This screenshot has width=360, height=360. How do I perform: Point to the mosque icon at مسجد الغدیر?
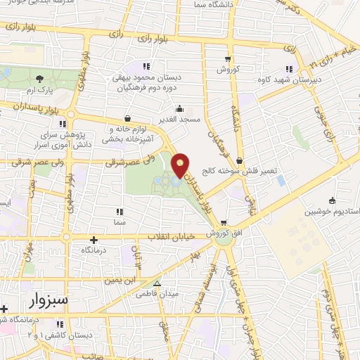coord(180,109)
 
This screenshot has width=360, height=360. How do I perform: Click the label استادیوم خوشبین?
coord(330,211)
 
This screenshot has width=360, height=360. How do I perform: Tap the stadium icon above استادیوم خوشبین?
coord(330,200)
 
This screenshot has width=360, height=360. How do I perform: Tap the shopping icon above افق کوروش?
coord(223,222)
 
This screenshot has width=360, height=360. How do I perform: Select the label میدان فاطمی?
coord(157,294)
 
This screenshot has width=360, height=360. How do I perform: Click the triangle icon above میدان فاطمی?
coord(157,284)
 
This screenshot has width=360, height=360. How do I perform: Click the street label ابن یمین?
coord(119,279)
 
